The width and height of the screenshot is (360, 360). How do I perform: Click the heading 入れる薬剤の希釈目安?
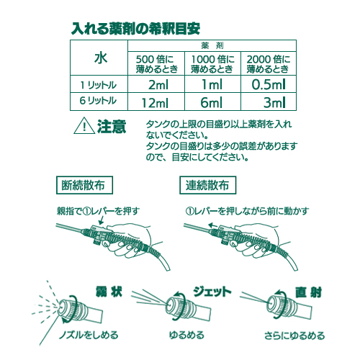click(x=135, y=29)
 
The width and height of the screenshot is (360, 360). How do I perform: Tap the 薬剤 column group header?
click(x=212, y=45)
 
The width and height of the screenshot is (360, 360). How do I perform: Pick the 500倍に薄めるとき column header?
click(x=156, y=64)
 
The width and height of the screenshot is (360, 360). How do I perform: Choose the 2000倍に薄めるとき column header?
click(x=269, y=64)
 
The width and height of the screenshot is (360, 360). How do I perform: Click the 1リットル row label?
click(x=99, y=85)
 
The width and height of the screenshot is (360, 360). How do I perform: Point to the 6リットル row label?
click(x=98, y=101)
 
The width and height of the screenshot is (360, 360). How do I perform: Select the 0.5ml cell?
click(x=269, y=84)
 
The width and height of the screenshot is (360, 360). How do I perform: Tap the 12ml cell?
click(x=155, y=103)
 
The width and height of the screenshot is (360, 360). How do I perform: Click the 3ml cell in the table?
click(x=274, y=103)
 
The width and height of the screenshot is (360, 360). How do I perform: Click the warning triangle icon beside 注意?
click(x=84, y=126)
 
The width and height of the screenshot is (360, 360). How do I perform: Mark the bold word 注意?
click(x=112, y=127)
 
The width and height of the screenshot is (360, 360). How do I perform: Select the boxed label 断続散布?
click(x=84, y=185)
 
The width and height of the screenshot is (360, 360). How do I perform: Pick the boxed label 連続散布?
click(x=208, y=185)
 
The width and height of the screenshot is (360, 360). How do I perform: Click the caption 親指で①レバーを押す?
click(x=98, y=211)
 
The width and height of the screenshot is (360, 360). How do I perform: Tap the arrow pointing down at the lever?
click(x=102, y=220)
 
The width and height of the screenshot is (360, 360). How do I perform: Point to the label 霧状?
click(x=109, y=292)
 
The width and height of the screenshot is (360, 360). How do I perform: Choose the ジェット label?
click(x=212, y=292)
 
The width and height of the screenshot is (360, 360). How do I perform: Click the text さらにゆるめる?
click(x=294, y=336)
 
